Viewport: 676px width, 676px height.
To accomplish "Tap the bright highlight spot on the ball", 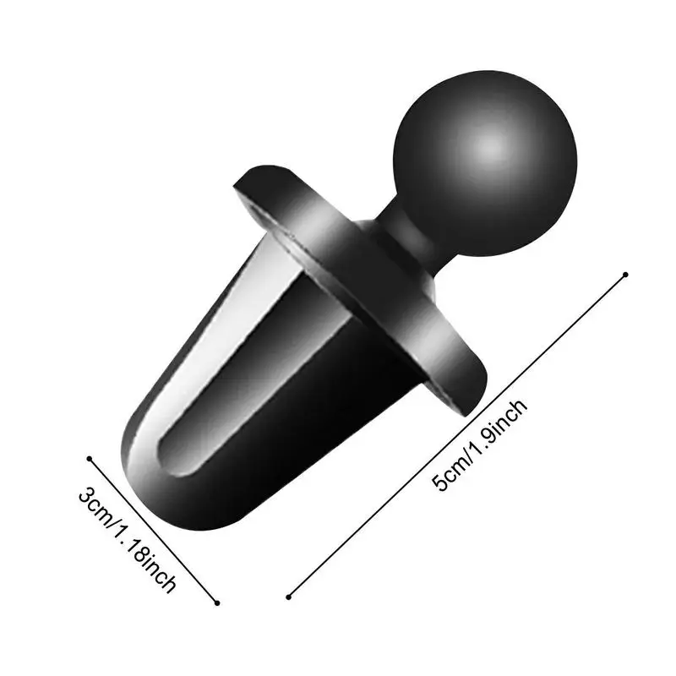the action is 492,147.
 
